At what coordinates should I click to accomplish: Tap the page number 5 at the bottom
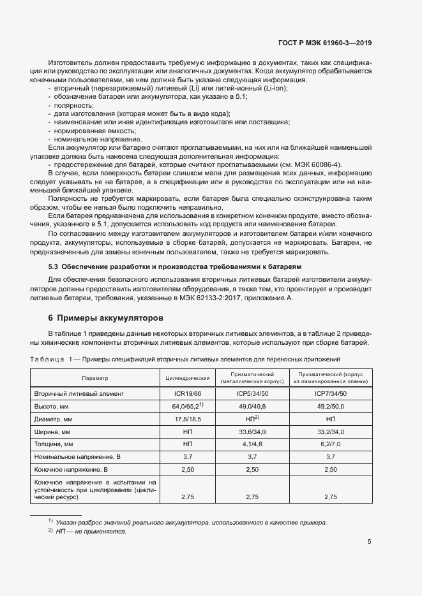click(x=370, y=542)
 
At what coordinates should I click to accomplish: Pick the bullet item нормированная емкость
click(x=92, y=130)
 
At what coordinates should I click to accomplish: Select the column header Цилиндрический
click(x=188, y=378)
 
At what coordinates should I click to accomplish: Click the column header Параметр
click(x=94, y=378)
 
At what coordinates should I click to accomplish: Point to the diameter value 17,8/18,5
click(x=188, y=419)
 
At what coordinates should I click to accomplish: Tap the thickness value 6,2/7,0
click(x=331, y=444)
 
